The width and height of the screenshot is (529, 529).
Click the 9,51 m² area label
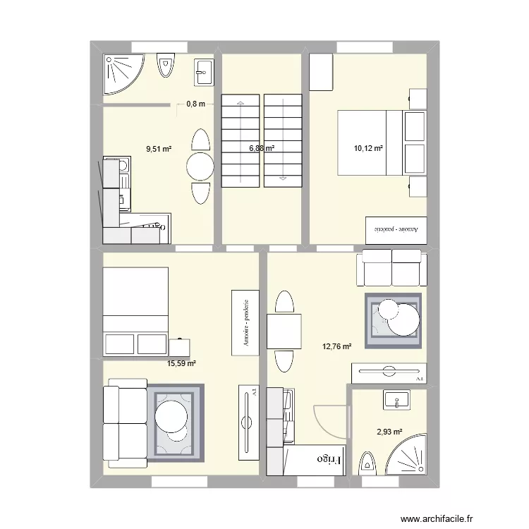point(159,149)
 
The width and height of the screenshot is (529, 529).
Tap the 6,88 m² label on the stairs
point(261,149)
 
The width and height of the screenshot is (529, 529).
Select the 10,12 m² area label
point(368,149)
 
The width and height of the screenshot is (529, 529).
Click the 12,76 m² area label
point(336,346)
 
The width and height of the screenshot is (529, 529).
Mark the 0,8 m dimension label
point(195,104)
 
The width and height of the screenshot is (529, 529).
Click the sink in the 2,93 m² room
point(400,400)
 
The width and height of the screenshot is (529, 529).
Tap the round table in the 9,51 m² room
point(200,167)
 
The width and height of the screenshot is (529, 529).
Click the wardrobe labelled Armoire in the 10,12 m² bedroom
point(395,229)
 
